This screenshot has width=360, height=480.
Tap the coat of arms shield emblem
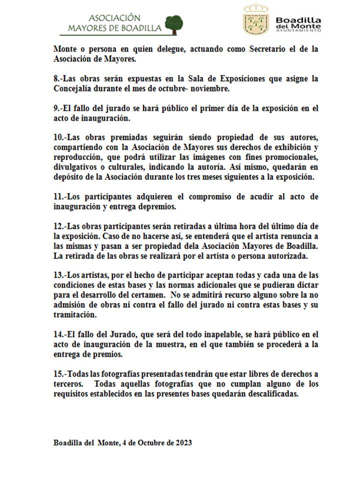coord(255,21)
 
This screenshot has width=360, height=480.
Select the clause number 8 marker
coord(57,79)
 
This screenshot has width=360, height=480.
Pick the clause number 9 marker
coord(57,108)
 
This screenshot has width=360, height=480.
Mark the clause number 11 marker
coord(59,196)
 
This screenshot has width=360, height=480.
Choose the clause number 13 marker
coord(59,275)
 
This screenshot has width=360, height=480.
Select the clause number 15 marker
coord(59,374)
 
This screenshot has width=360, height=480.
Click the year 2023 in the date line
coord(182,443)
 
